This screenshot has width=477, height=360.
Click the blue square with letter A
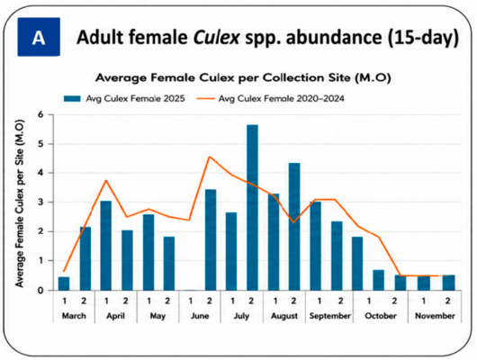click(x=39, y=37)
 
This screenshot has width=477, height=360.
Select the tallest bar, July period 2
click(x=253, y=208)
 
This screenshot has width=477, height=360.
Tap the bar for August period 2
click(x=294, y=227)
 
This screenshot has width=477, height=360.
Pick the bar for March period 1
click(x=64, y=283)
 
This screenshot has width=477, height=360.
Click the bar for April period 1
click(x=106, y=246)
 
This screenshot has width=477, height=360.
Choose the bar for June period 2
click(x=211, y=239)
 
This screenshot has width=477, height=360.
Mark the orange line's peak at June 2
click(x=210, y=157)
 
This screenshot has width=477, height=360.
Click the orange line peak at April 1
click(x=106, y=180)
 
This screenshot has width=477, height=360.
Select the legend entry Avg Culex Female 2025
click(x=124, y=99)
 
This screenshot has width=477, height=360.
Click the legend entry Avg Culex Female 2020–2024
click(x=270, y=99)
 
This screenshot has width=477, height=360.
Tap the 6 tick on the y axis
click(x=41, y=114)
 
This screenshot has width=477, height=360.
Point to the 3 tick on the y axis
click(x=41, y=202)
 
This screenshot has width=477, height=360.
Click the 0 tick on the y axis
click(x=41, y=290)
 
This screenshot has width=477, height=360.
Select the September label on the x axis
click(x=330, y=316)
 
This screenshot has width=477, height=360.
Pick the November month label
click(x=435, y=316)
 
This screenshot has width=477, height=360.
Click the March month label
click(x=74, y=316)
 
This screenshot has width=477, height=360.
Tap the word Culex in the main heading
click(x=217, y=38)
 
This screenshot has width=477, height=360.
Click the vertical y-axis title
click(x=20, y=203)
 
